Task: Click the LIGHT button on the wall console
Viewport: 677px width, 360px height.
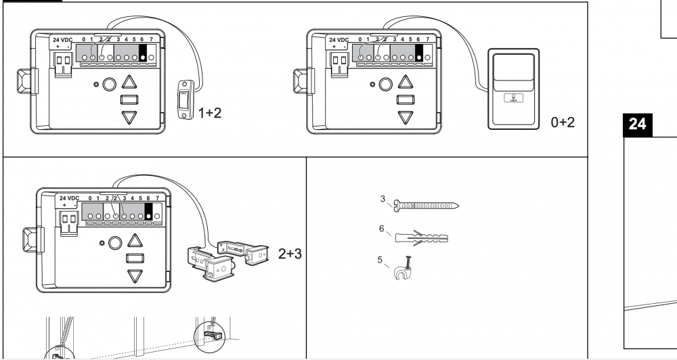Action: point(512,98)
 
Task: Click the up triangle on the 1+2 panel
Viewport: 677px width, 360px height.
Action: point(129,84)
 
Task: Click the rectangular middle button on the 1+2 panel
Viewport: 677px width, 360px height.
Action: point(129,100)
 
